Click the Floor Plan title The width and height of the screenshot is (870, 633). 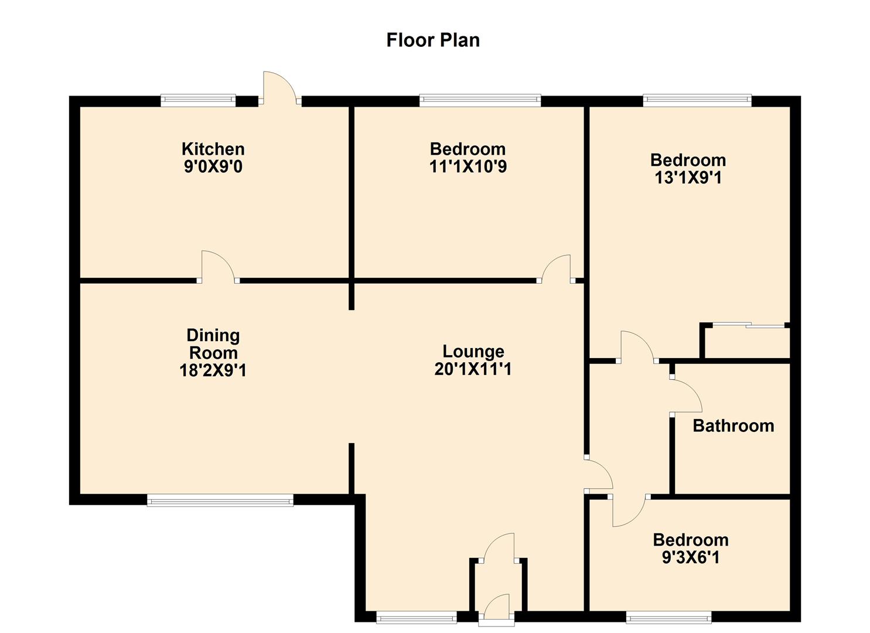pyautogui.click(x=433, y=40)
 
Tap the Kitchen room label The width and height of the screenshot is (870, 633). pyautogui.click(x=213, y=149)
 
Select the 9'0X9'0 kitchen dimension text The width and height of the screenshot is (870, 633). pyautogui.click(x=213, y=167)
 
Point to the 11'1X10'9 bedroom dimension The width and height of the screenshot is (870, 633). pyautogui.click(x=468, y=167)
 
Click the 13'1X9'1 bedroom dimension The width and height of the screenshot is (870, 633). pyautogui.click(x=688, y=178)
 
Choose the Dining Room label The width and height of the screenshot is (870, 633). pyautogui.click(x=213, y=344)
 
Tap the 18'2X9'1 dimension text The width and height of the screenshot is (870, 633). pyautogui.click(x=213, y=370)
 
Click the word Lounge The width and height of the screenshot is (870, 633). pyautogui.click(x=473, y=351)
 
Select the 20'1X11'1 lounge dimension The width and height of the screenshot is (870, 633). pyautogui.click(x=473, y=369)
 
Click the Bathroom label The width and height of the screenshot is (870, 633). pyautogui.click(x=733, y=426)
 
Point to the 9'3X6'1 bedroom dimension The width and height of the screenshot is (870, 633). pyautogui.click(x=691, y=557)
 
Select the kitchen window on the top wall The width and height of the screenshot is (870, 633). pyautogui.click(x=198, y=101)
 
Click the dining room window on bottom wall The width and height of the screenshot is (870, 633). pyautogui.click(x=220, y=500)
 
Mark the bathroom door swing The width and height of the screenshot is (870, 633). pyautogui.click(x=685, y=397)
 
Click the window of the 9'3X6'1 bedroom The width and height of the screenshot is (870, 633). pyautogui.click(x=668, y=617)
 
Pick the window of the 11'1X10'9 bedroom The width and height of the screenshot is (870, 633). pyautogui.click(x=480, y=101)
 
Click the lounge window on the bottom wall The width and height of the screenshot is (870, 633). pyautogui.click(x=416, y=617)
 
